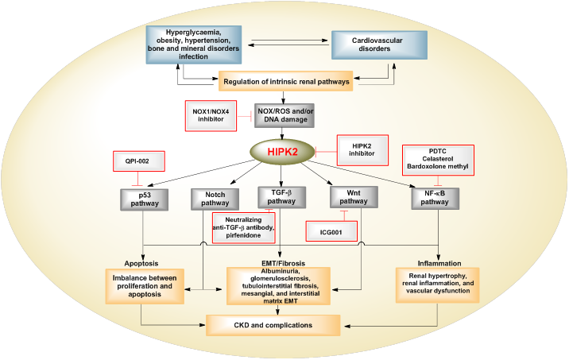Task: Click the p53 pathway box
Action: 143,199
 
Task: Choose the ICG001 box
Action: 331,230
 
